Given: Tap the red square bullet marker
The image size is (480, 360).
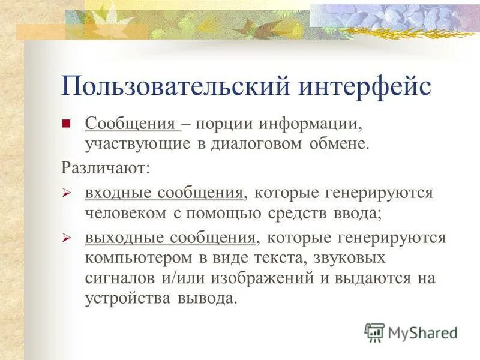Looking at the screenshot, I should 67,124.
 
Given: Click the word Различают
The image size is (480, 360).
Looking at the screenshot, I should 106,167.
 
